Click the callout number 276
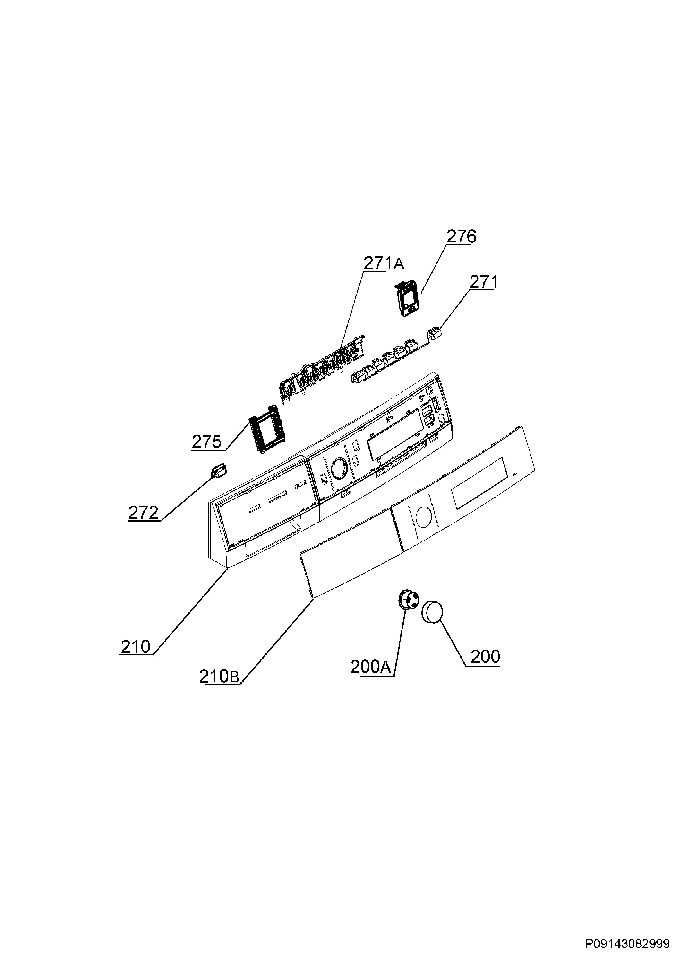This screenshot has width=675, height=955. point(462,236)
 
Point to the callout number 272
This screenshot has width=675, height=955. point(143,513)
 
